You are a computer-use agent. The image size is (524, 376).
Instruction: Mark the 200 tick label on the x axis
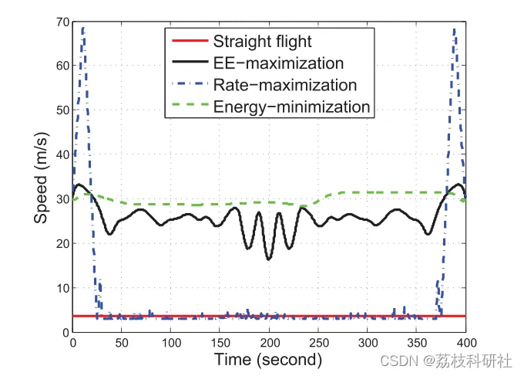pyautogui.click(x=269, y=342)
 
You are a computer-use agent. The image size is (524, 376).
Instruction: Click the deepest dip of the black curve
pyautogui.click(x=268, y=259)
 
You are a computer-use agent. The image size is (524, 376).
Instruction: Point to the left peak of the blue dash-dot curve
pyautogui.click(x=82, y=28)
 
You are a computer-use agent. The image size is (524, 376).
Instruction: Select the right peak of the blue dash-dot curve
pyautogui.click(x=455, y=29)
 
